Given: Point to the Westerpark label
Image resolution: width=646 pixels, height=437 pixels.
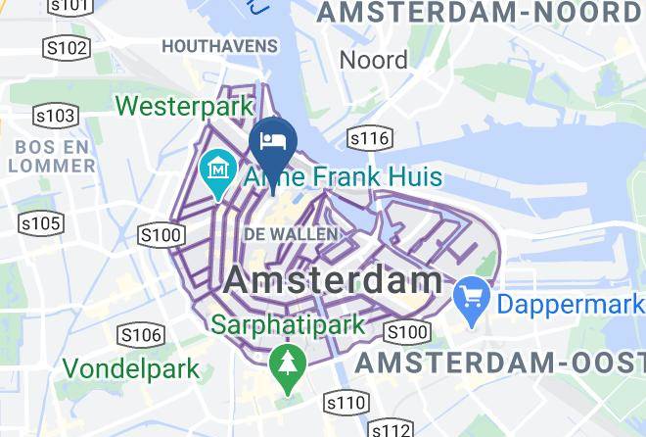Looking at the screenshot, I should [x=184, y=104].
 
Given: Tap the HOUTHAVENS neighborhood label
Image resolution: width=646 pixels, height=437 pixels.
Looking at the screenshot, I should [x=219, y=46].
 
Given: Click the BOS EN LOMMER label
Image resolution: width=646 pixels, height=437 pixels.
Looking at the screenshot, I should [x=52, y=156].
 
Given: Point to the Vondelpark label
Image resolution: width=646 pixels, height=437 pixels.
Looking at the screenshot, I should [x=131, y=369].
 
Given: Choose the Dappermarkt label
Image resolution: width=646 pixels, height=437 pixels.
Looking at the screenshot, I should [x=571, y=304].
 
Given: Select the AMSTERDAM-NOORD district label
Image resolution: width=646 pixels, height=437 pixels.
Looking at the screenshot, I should [x=479, y=13].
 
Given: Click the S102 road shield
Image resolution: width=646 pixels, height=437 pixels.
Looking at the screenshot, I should [x=67, y=48].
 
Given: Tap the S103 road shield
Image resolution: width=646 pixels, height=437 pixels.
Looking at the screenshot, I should [x=55, y=117].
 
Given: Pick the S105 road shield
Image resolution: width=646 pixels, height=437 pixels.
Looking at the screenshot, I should [x=41, y=224].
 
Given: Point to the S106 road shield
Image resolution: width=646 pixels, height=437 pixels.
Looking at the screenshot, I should [x=139, y=336].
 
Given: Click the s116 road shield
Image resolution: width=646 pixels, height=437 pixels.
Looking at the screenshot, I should [x=369, y=138].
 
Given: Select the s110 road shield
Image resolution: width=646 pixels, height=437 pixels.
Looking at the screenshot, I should [x=346, y=402].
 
